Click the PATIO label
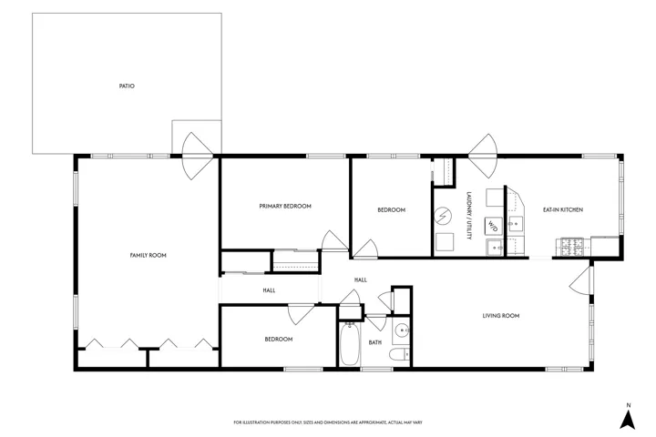pos(127,86)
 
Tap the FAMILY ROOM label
pos(149,255)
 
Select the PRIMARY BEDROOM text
pos(285,206)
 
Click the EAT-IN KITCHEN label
pos(563,209)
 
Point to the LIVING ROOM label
pos(501,316)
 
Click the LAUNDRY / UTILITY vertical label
pos(469,216)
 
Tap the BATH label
pos(374,342)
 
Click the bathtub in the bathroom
pos(349,344)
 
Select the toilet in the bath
pos(400,355)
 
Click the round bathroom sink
pos(403,330)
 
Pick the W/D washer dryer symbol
pos(493,226)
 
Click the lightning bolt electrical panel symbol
pos(443,216)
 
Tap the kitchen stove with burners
pos(571,247)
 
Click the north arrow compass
pos(628,420)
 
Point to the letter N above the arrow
pos(629,405)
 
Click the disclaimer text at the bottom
pos(328,422)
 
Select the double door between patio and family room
pos(198,156)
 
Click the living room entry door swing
pos(579,279)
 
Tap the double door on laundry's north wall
pos(483,156)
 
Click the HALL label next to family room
pos(269,290)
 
